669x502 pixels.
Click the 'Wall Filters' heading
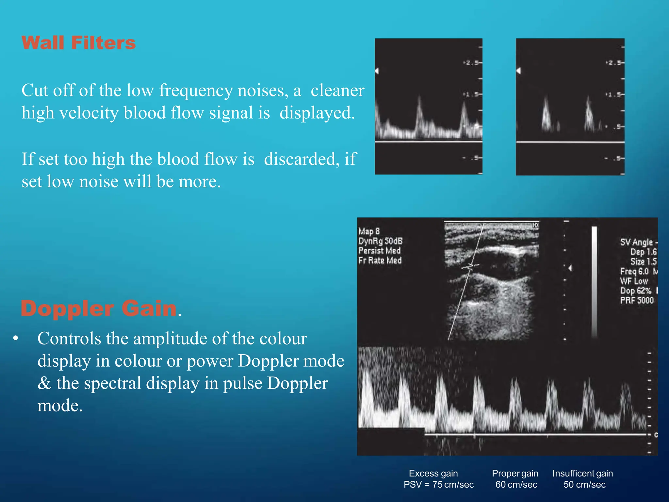pyautogui.click(x=78, y=43)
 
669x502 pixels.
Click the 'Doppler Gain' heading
pyautogui.click(x=99, y=308)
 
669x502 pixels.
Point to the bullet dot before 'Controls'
pyautogui.click(x=15, y=338)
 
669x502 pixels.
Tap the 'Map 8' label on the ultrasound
pyautogui.click(x=369, y=231)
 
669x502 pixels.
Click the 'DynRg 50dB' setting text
pyautogui.click(x=380, y=241)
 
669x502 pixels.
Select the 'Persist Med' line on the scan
pyautogui.click(x=379, y=251)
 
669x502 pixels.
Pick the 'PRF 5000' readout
pyautogui.click(x=637, y=300)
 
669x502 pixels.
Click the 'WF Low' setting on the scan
pyautogui.click(x=634, y=281)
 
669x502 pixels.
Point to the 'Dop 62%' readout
pyautogui.click(x=635, y=291)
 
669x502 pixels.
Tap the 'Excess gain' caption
pyautogui.click(x=433, y=473)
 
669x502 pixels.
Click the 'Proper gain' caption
pyautogui.click(x=515, y=473)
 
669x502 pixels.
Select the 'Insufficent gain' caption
pyautogui.click(x=582, y=473)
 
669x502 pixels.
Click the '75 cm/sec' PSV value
pyautogui.click(x=453, y=484)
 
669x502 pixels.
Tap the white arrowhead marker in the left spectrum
pyautogui.click(x=377, y=71)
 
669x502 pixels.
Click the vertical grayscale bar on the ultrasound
pyautogui.click(x=594, y=281)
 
